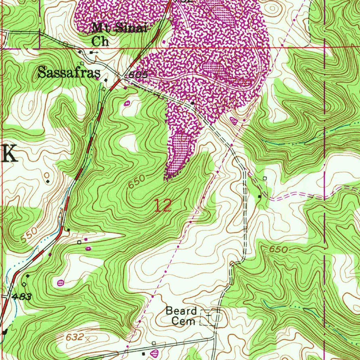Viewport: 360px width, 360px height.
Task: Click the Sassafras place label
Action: tap(69, 73)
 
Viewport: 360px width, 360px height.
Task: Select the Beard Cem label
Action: tap(181, 315)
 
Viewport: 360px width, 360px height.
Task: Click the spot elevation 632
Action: tap(74, 337)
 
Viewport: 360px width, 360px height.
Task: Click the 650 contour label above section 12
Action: tap(136, 181)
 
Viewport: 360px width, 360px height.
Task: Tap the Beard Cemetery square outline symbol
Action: tap(207, 317)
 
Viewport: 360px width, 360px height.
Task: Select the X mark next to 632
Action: tap(88, 340)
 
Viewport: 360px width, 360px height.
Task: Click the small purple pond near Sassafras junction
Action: tap(127, 103)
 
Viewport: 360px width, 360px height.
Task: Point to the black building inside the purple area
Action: tap(192, 103)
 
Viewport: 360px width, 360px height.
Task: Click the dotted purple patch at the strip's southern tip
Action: tap(179, 155)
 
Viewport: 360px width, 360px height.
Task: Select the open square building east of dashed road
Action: tap(265, 179)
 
